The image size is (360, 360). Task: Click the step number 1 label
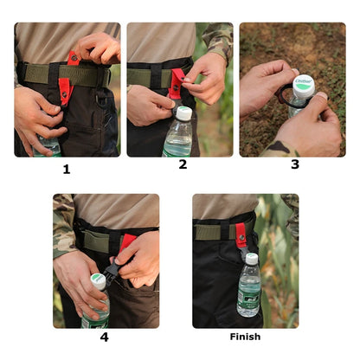point(66,169)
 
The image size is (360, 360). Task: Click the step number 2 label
point(182,164)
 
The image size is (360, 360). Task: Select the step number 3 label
point(295,164)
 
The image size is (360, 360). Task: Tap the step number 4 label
point(105,337)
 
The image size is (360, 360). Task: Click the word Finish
point(245,337)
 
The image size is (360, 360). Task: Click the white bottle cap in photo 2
point(183,113)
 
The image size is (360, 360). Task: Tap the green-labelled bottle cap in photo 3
point(303,85)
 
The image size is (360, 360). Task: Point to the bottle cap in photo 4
point(98,281)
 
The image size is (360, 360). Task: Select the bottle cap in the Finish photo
point(251,258)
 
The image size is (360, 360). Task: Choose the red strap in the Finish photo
point(241,234)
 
